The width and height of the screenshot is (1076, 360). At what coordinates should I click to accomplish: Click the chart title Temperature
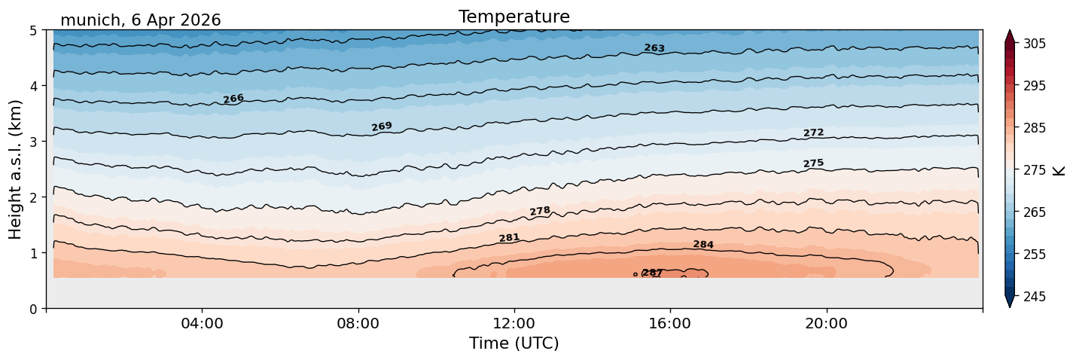click(x=514, y=17)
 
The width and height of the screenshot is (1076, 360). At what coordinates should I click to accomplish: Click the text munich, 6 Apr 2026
click(x=141, y=20)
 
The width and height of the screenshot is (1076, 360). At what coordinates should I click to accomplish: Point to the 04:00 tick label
click(x=203, y=323)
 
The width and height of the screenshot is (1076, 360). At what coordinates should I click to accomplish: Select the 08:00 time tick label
click(x=358, y=323)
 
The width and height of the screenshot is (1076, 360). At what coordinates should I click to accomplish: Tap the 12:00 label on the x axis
click(x=514, y=323)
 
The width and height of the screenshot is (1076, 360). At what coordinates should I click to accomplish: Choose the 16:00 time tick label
click(x=671, y=323)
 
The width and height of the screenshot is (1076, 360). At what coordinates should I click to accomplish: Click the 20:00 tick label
click(x=827, y=323)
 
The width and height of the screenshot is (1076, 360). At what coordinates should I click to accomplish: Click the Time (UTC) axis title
click(x=514, y=343)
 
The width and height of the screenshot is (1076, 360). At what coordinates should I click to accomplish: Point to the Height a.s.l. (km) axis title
click(x=15, y=169)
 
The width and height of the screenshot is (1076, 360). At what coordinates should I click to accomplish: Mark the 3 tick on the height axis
click(x=33, y=142)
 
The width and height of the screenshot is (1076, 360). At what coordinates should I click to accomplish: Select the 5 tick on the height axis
click(x=33, y=31)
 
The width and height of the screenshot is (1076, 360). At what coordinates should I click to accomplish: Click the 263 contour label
click(x=654, y=48)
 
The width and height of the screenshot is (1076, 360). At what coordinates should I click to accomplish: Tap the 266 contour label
click(x=233, y=99)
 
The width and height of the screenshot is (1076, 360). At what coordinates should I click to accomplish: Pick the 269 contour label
click(x=382, y=127)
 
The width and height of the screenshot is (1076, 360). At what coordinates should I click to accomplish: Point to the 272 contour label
click(x=814, y=133)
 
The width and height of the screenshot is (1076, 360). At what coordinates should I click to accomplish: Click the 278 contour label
click(x=540, y=211)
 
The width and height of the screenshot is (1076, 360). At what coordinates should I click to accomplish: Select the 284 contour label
click(x=703, y=245)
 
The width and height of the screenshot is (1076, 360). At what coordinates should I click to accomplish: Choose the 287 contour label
click(x=652, y=273)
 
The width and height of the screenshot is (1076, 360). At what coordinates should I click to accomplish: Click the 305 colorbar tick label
click(x=1035, y=44)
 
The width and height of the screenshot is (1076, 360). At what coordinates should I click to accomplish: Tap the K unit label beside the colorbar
click(x=1058, y=170)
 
